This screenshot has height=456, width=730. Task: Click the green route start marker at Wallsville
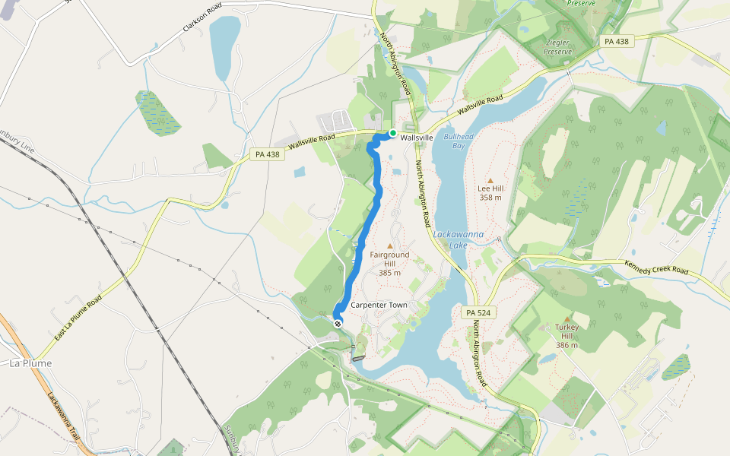(392, 134)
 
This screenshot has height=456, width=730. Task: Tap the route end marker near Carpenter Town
(338, 323)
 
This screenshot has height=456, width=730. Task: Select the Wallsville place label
(417, 138)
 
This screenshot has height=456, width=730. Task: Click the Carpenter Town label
(379, 305)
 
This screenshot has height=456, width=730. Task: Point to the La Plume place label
(31, 363)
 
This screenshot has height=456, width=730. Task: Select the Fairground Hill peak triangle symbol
(390, 245)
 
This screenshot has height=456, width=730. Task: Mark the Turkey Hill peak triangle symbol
(567, 318)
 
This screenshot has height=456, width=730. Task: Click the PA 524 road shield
(473, 312)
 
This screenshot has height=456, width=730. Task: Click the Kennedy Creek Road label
(656, 270)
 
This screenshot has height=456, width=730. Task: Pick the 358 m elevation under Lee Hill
(490, 198)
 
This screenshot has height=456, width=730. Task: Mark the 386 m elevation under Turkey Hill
(567, 345)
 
